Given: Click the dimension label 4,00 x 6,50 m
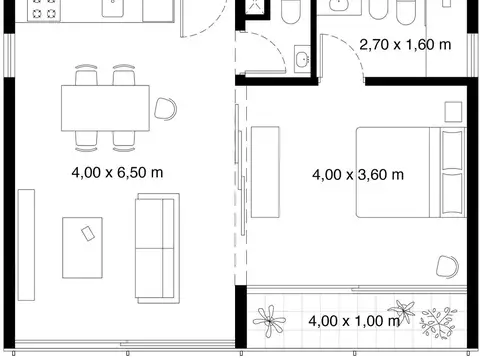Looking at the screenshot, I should coord(117,172).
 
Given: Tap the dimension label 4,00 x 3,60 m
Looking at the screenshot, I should coord(357,174).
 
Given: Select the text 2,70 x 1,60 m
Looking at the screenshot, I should coord(404,44).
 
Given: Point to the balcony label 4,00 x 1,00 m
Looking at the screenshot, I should coord(354,321).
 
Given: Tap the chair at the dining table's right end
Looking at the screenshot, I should coord(166,108).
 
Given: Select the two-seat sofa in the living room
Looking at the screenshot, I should coord(156,247).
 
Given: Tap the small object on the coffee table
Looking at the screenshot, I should coord(88,234).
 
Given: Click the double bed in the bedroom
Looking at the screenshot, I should coord(410,171).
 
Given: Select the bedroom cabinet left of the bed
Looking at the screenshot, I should coord(265,171).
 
